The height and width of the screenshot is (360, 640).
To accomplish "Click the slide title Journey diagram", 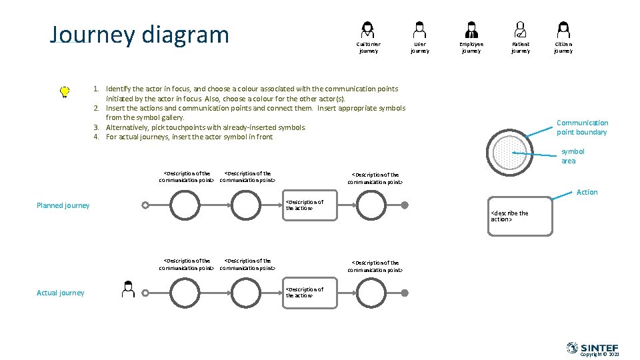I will [139, 35].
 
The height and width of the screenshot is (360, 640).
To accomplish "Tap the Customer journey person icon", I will [367, 29].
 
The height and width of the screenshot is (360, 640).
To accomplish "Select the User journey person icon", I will [419, 29].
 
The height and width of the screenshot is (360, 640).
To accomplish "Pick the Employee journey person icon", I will [471, 29].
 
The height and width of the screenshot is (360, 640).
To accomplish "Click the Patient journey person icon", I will [520, 29].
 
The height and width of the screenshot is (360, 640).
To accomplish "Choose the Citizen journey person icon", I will [563, 29].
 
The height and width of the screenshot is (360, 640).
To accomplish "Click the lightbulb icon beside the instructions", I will [65, 92].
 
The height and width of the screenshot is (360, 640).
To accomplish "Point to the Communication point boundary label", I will [582, 127].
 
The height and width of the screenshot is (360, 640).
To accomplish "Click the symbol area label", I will [572, 156].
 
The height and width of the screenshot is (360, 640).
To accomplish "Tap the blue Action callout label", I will [587, 192].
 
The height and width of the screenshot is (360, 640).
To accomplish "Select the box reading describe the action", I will [520, 217].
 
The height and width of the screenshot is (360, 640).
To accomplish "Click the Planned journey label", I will [63, 205].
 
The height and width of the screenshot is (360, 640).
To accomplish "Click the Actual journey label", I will [60, 293].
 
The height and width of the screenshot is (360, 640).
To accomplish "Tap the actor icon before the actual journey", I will [129, 289].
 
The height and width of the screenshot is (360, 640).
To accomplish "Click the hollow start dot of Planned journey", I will [145, 205].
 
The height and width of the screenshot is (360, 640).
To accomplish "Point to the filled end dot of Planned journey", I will [405, 205].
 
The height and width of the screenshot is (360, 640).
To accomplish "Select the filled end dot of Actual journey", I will [405, 292].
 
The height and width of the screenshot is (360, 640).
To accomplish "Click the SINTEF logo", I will [592, 347].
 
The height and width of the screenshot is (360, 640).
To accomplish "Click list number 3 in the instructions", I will [96, 127].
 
